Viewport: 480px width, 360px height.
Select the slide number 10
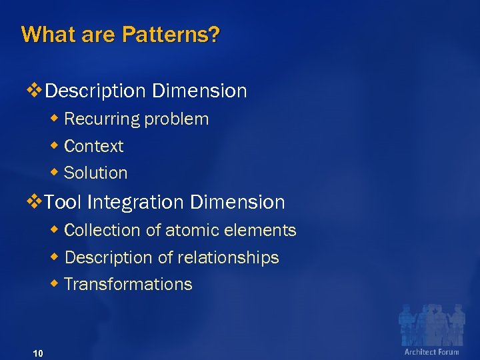[37, 353]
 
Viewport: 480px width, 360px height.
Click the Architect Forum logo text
[431, 351]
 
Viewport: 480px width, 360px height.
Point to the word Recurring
[102, 119]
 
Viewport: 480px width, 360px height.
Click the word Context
[94, 146]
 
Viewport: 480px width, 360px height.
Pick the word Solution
[95, 173]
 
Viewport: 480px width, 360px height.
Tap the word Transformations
[128, 285]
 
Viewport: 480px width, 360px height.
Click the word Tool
[64, 202]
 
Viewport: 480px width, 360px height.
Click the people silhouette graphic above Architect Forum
[431, 324]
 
